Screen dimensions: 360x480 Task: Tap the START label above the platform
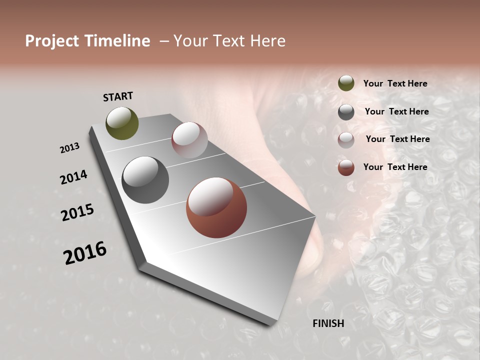click(118, 96)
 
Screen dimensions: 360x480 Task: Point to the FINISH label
click(328, 323)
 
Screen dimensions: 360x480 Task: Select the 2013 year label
click(69, 148)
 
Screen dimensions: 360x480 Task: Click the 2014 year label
click(73, 177)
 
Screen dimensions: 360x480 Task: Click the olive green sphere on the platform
click(122, 123)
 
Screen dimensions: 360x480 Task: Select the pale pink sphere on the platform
click(189, 140)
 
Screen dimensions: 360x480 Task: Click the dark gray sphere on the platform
click(145, 180)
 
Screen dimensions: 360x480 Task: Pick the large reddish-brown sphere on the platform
click(216, 208)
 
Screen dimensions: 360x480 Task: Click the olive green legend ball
click(346, 83)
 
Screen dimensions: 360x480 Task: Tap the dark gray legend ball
click(346, 112)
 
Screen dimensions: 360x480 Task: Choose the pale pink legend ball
click(346, 140)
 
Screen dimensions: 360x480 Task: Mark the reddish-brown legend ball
click(346, 167)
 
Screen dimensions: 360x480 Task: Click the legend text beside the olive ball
click(395, 84)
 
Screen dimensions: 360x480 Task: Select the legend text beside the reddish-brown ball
click(395, 167)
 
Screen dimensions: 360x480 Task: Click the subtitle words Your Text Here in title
click(229, 41)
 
